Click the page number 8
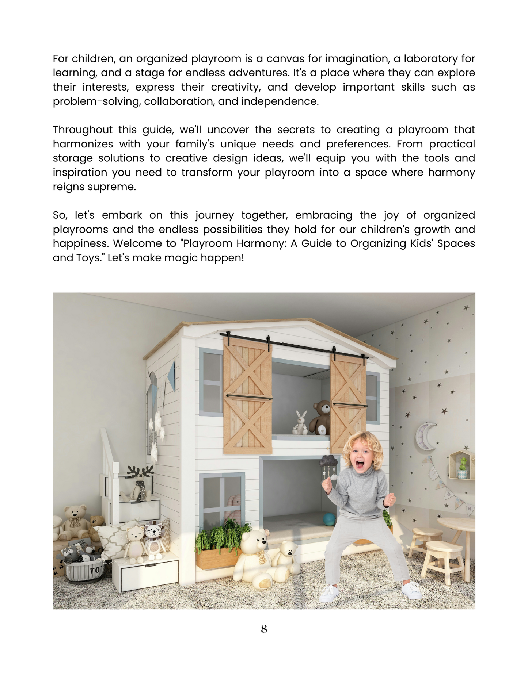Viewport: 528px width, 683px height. [264, 629]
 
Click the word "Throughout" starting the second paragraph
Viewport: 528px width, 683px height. [83, 130]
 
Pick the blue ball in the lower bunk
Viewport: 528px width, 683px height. [329, 519]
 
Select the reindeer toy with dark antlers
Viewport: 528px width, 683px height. [140, 482]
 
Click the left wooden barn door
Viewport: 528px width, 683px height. [247, 396]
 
